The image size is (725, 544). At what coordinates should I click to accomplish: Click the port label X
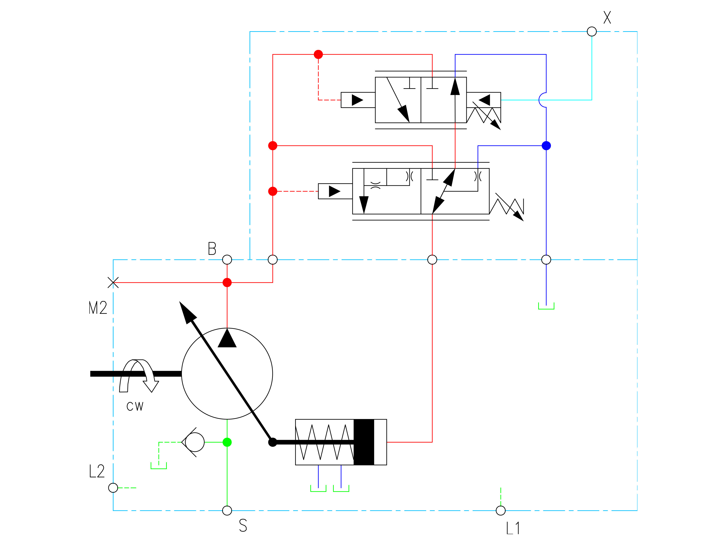(607, 17)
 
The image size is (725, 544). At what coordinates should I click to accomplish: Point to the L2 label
(97, 471)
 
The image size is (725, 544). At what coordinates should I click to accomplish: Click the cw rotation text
(135, 407)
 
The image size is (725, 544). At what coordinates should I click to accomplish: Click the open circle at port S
(227, 511)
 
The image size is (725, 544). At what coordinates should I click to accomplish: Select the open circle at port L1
(501, 511)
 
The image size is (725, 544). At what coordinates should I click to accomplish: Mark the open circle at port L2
(113, 488)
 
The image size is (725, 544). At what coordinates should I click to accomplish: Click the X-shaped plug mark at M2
(113, 282)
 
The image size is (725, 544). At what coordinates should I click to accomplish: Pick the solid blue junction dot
(546, 146)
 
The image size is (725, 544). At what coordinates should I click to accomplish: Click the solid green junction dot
(227, 442)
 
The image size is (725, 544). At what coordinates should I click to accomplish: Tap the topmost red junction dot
(318, 54)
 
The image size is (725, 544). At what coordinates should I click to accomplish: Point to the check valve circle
(195, 442)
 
